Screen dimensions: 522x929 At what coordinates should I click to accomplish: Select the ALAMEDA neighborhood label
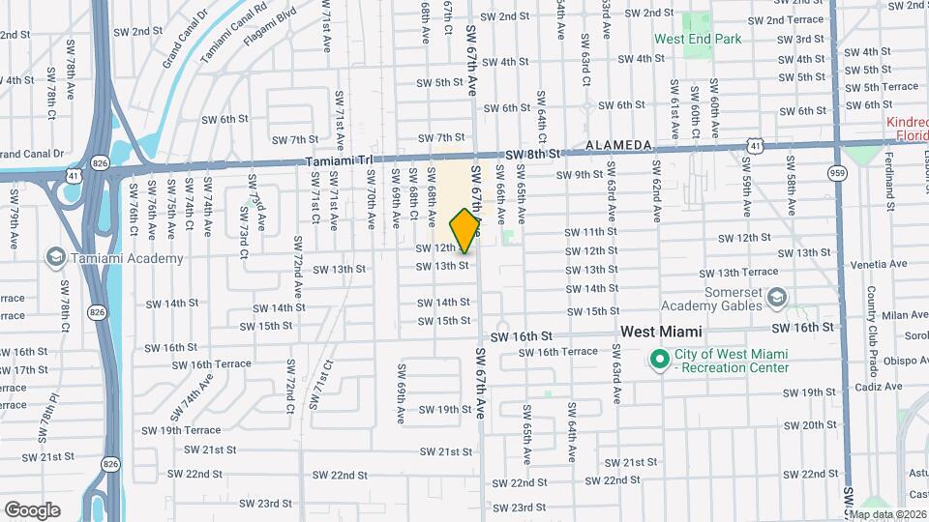(618, 145)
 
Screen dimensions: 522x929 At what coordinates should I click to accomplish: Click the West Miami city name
(661, 331)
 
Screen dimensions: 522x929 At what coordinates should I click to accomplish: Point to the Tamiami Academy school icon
(55, 257)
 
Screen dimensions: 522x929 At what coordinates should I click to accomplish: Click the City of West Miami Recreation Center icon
(660, 361)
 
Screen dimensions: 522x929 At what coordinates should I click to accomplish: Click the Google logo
(32, 509)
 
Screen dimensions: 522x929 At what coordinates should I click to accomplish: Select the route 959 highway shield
(838, 172)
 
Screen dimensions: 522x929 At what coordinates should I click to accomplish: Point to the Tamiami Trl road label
(338, 161)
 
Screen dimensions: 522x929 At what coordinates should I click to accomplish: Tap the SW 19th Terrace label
(181, 430)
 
